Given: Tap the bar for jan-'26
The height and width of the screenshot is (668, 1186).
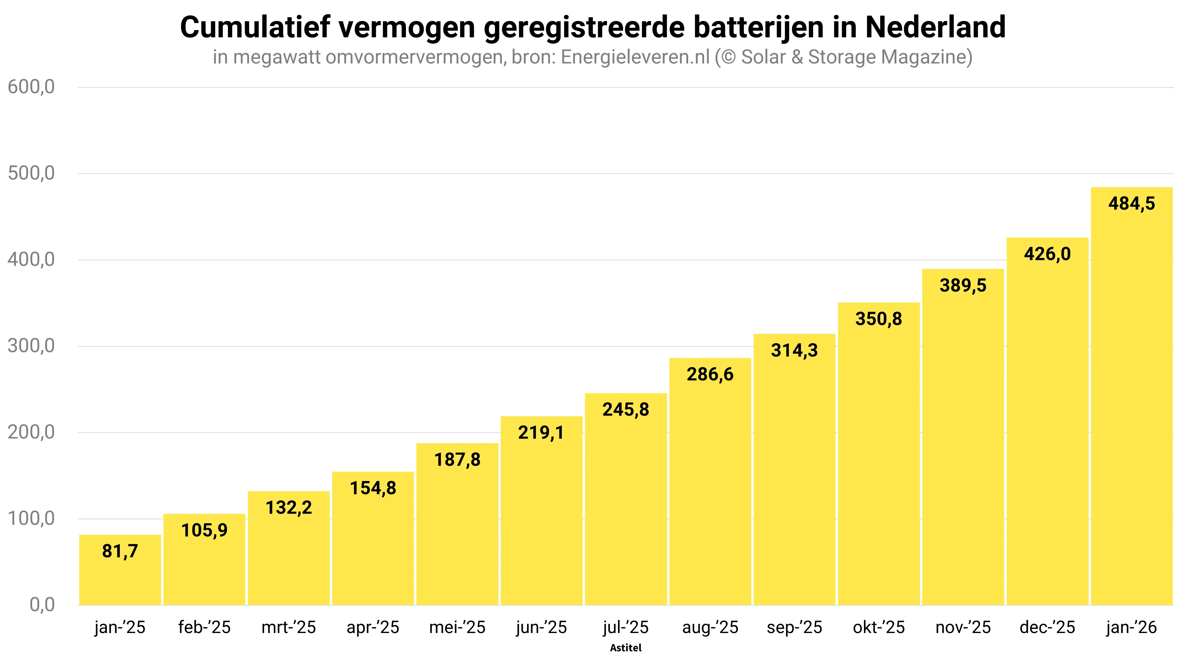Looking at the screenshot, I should pos(1132,396).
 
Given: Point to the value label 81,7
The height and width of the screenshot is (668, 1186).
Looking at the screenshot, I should pos(120,551).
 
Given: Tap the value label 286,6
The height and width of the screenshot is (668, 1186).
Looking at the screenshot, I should pos(710,374).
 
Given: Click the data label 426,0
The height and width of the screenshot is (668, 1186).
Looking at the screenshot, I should pos(1047,254).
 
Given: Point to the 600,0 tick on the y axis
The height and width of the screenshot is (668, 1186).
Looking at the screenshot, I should pos(31,87).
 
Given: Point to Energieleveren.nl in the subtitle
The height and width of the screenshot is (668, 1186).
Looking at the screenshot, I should pos(635,57).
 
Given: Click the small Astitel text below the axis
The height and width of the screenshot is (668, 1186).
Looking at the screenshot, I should pos(626,648).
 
